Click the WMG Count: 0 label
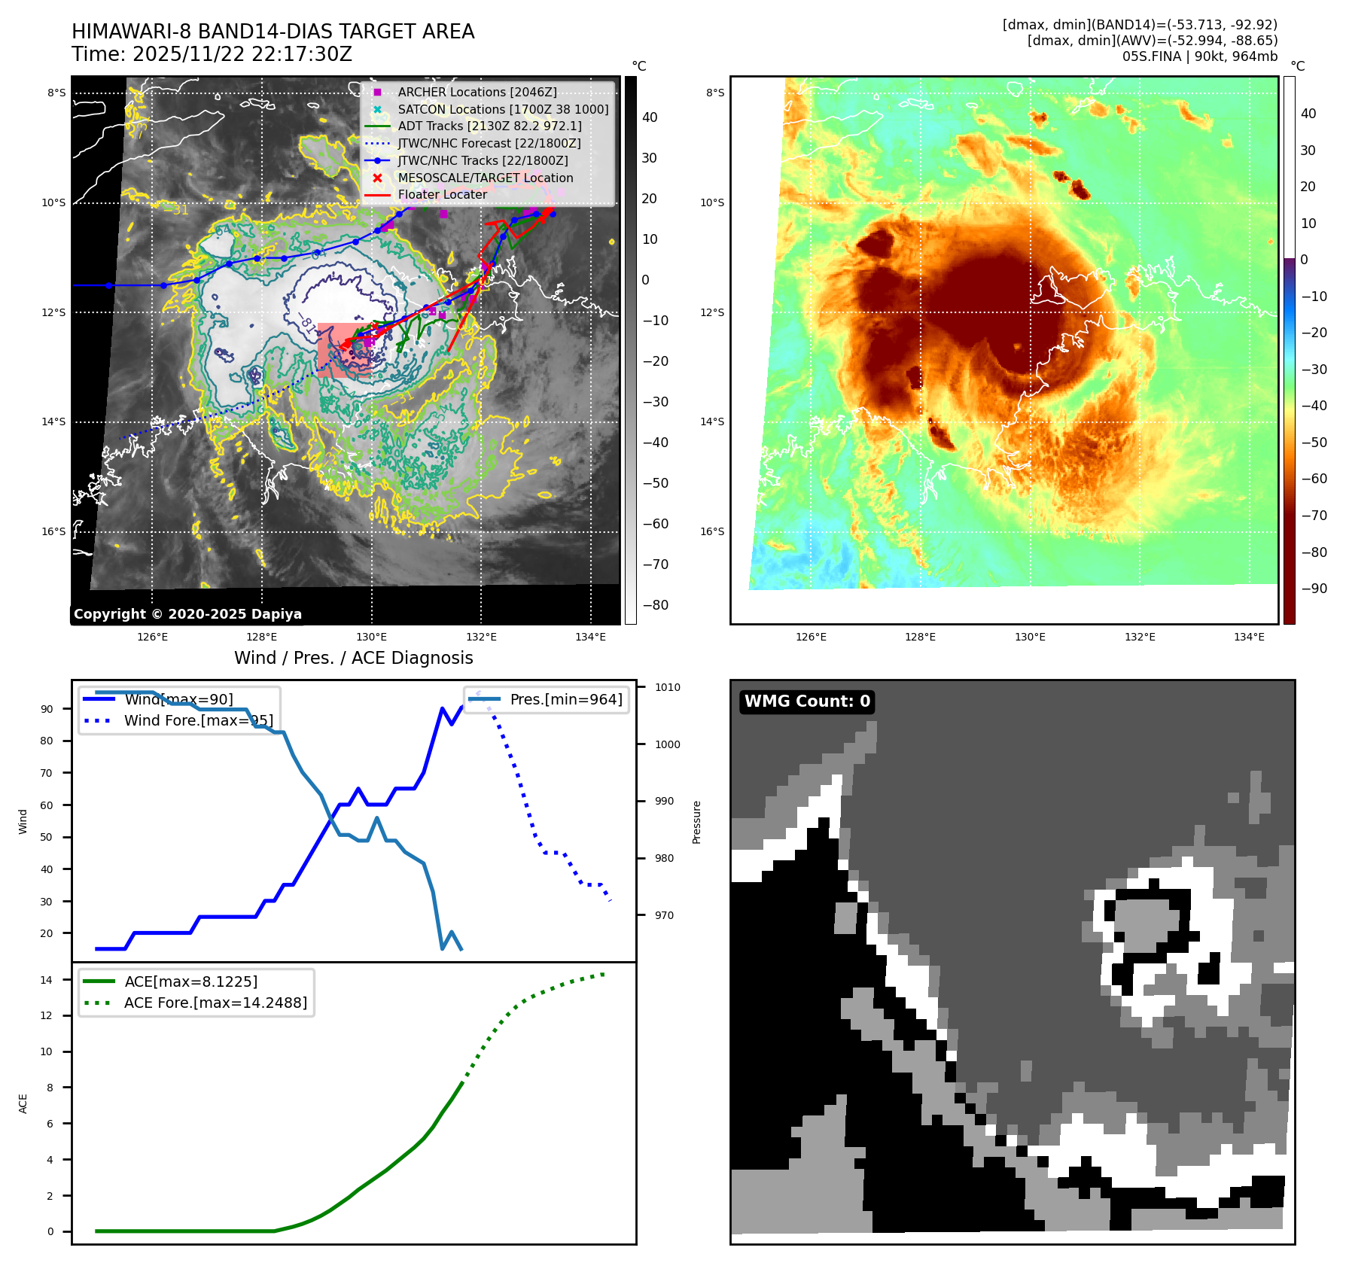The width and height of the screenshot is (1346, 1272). point(806,701)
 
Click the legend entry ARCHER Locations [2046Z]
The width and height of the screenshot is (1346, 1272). point(477,92)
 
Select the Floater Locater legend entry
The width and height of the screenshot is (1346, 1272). point(442,194)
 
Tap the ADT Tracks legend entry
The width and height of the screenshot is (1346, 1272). point(489,126)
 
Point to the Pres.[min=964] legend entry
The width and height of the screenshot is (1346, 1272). point(565,699)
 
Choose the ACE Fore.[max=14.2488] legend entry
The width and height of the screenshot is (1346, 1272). point(215,1003)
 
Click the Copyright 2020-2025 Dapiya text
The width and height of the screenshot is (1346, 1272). point(187,614)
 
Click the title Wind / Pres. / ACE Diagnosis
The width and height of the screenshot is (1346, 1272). point(353,658)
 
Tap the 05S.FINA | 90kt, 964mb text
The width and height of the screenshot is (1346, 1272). point(1199,56)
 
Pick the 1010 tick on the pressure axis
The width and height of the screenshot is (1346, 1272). point(667,687)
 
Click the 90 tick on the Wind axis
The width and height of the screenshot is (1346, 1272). point(47,709)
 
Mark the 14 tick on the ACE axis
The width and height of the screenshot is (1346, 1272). point(47,980)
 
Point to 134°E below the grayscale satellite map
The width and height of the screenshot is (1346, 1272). point(590,638)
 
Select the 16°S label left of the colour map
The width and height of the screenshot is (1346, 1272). point(712,531)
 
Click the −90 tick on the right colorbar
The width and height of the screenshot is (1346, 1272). point(1314,589)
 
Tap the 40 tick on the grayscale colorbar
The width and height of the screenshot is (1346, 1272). point(649,117)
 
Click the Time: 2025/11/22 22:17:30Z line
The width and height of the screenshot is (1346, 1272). point(212,54)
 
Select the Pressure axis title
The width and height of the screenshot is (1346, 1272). point(697,822)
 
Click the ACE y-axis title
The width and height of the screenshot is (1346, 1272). point(23,1103)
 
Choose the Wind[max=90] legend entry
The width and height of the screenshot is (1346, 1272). point(178,699)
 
